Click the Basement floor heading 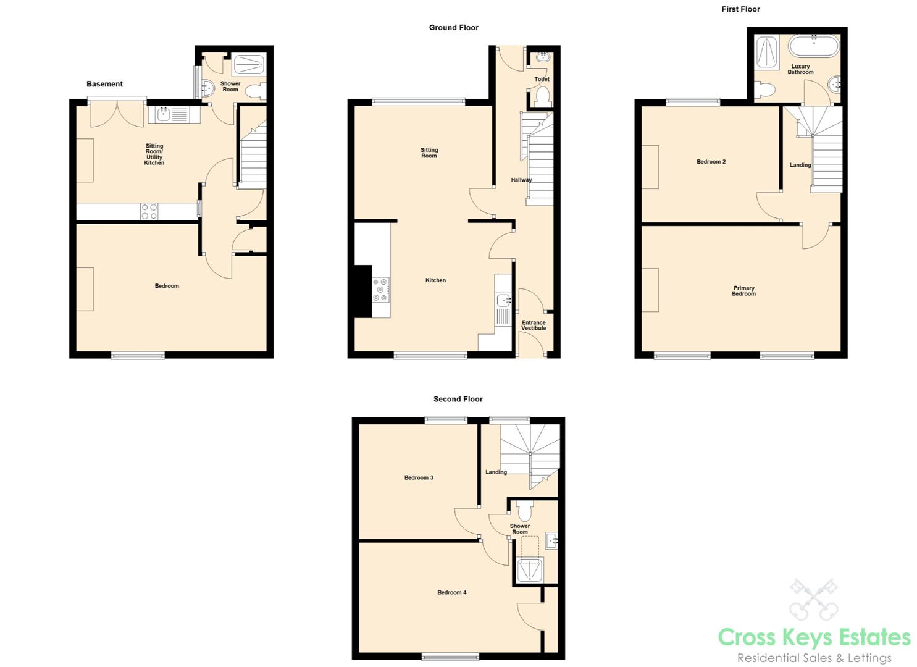104,84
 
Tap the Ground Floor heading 454,28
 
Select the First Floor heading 740,9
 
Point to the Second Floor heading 458,399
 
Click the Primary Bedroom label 743,291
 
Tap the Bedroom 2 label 711,162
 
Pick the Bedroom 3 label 419,477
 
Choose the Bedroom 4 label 451,592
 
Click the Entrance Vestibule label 534,325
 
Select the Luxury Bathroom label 800,69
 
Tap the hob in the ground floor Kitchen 380,290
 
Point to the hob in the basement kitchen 149,211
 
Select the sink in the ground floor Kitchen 504,301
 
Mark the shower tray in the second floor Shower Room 530,570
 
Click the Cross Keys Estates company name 814,637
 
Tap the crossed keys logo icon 813,599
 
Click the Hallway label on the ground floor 521,180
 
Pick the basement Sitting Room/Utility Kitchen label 154,154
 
